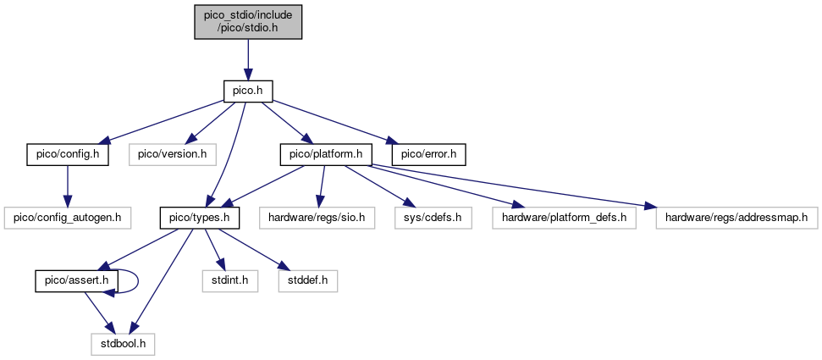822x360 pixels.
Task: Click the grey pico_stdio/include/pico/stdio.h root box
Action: [248, 21]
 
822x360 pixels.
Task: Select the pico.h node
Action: [248, 91]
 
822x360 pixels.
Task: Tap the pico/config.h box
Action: [68, 155]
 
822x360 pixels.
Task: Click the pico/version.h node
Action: [173, 155]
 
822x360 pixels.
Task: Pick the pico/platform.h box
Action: [326, 155]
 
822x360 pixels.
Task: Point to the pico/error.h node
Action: [429, 155]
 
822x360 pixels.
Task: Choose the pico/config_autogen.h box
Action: [68, 218]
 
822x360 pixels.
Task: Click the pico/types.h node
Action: [200, 218]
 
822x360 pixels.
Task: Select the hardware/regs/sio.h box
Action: [317, 218]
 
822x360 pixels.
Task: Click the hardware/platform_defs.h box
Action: [564, 218]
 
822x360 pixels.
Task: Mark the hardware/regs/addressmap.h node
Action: [736, 218]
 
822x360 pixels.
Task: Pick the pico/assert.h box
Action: [76, 281]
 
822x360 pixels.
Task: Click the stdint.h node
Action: [230, 281]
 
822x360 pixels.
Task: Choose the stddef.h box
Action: [308, 281]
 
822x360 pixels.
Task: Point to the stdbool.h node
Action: [123, 344]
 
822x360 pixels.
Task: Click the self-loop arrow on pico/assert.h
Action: [138, 281]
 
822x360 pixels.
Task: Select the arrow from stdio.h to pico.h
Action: [248, 59]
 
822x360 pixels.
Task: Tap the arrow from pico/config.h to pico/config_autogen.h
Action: [67, 186]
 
